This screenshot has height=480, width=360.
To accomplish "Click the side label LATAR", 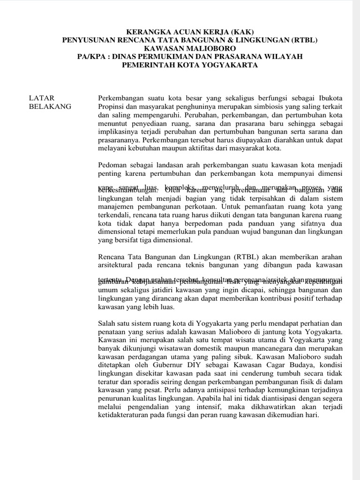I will coord(42,98).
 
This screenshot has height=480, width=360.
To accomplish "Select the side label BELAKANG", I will coord(50,106).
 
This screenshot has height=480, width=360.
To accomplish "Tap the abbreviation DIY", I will coord(208,366).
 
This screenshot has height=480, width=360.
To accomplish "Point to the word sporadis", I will coord(142,383).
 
